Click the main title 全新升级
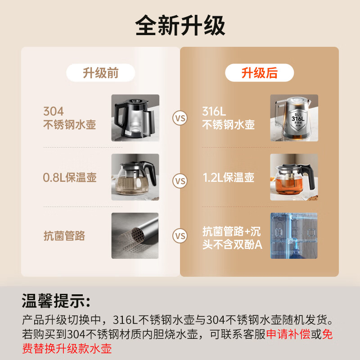pyautogui.click(x=180, y=25)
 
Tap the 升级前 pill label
pyautogui.click(x=100, y=73)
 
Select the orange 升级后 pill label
pyautogui.click(x=260, y=73)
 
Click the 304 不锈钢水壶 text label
pyautogui.click(x=69, y=118)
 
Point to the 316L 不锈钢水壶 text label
pyautogui.click(x=228, y=118)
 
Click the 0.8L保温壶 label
pyautogui.click(x=70, y=177)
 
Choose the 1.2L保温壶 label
pyautogui.click(x=229, y=177)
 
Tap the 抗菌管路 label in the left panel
pyautogui.click(x=64, y=236)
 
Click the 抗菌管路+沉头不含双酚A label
pyautogui.click(x=232, y=238)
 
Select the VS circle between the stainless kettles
pyautogui.click(x=180, y=118)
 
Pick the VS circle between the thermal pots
pyautogui.click(x=180, y=181)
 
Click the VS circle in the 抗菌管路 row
pyautogui.click(x=180, y=236)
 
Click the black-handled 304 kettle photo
pyautogui.click(x=135, y=118)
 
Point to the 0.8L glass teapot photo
pyautogui.click(x=135, y=177)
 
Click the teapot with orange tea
pyautogui.click(x=294, y=177)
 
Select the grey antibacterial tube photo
pyautogui.click(x=135, y=236)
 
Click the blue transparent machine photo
pyautogui.click(x=294, y=236)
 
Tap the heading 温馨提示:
pyautogui.click(x=56, y=301)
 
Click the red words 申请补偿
pyautogui.click(x=288, y=334)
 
